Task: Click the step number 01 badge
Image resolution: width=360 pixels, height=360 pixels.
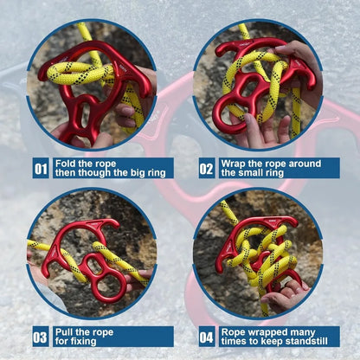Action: pos(41,168)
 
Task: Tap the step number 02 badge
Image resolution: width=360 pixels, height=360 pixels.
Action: pos(206,168)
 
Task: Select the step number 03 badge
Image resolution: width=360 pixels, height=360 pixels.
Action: pos(41,336)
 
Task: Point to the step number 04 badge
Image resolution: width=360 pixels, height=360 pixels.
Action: pos(206,336)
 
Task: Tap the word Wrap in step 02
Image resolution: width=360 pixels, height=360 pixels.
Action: pos(235,163)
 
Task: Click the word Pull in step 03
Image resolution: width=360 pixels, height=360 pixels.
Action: pos(65,331)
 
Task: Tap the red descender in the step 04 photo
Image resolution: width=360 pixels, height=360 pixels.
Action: pos(260,255)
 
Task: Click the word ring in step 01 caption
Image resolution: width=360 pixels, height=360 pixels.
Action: pos(157,173)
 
